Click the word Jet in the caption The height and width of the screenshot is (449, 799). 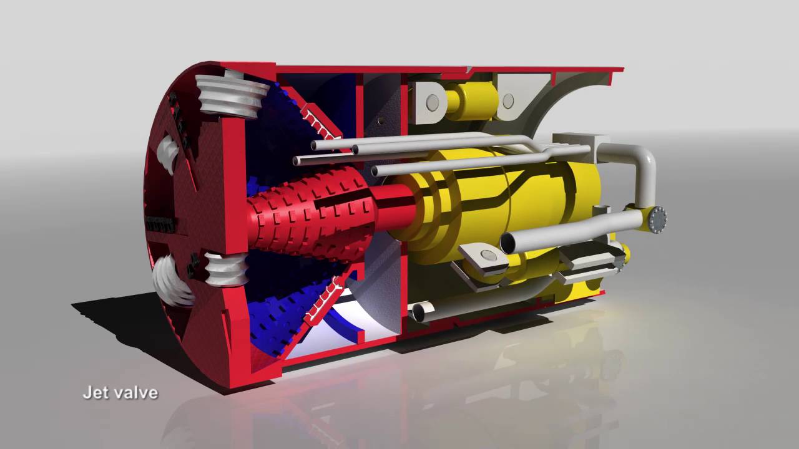coord(93,393)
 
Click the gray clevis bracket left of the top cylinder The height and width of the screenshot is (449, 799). coord(429,100)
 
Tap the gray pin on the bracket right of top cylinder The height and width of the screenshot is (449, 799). coord(508,100)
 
